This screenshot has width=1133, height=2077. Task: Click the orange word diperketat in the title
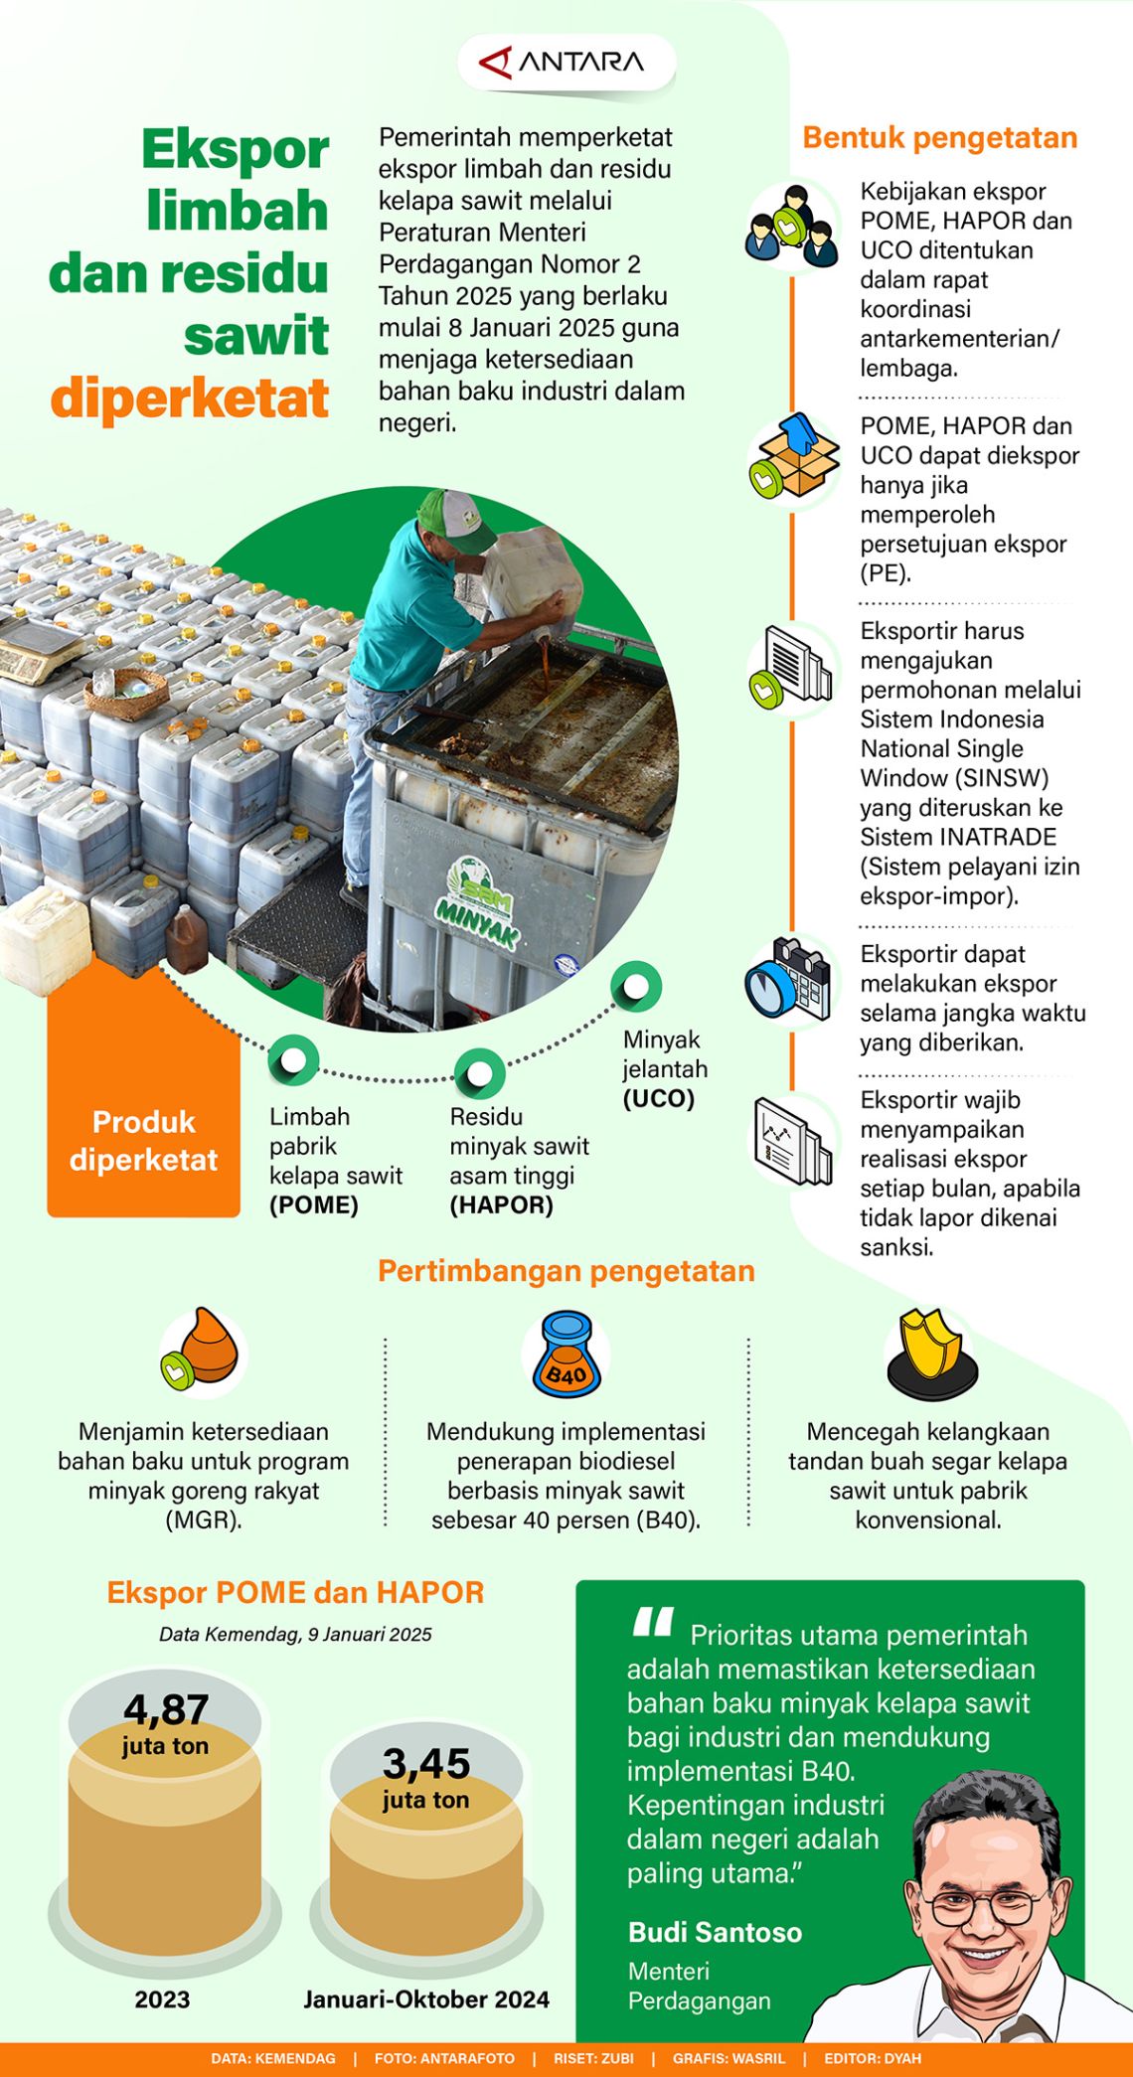pyautogui.click(x=190, y=399)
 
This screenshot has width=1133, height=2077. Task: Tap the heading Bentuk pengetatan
pyautogui.click(x=939, y=137)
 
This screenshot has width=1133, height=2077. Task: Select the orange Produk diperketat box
pyautogui.click(x=144, y=1140)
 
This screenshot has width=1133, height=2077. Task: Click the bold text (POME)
pyautogui.click(x=314, y=1205)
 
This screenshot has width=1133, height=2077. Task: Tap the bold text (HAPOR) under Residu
pyautogui.click(x=501, y=1205)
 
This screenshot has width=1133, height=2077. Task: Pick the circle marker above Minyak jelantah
pyautogui.click(x=635, y=987)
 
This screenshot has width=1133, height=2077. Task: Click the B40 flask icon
pyautogui.click(x=566, y=1354)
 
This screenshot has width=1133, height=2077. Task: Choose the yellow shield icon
pyautogui.click(x=930, y=1350)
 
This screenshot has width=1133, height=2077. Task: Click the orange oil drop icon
pyautogui.click(x=204, y=1350)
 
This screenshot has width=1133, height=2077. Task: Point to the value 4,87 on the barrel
pyautogui.click(x=166, y=1709)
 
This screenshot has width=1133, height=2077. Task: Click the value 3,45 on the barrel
pyautogui.click(x=426, y=1764)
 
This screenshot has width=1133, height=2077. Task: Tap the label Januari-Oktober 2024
pyautogui.click(x=426, y=1999)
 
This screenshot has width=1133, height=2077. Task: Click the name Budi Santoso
pyautogui.click(x=715, y=1933)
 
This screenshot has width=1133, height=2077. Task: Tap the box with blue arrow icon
pyautogui.click(x=794, y=458)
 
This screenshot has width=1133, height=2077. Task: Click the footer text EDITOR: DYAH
pyautogui.click(x=872, y=2058)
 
